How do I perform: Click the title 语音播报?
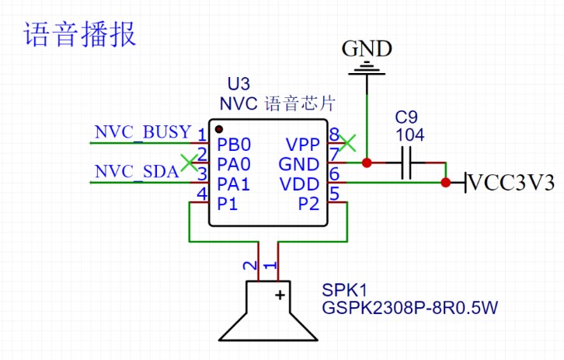tap(80, 35)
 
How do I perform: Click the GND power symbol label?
tap(367, 49)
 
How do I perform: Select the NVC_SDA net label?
tap(137, 172)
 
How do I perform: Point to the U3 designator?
tap(238, 84)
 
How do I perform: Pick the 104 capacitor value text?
tap(409, 135)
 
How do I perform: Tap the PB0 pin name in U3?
tap(235, 145)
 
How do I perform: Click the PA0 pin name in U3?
tap(235, 164)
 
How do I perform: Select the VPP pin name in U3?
tap(302, 145)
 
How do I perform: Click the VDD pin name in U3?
tap(301, 184)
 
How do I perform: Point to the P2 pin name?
tap(308, 204)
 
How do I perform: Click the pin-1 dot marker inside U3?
tap(220, 129)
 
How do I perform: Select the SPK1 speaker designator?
tap(339, 290)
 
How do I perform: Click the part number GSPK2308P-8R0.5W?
tap(409, 309)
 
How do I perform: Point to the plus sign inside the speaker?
tap(279, 294)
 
